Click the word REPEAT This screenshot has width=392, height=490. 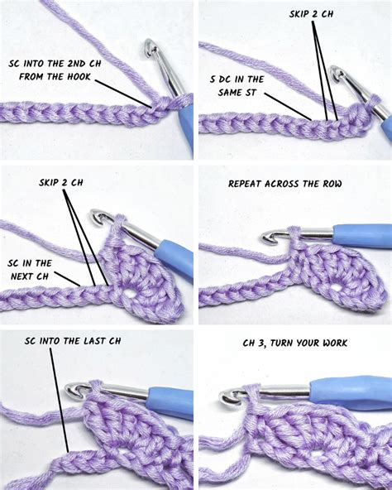(x=247, y=182)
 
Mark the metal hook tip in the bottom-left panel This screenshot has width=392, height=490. (x=75, y=388)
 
